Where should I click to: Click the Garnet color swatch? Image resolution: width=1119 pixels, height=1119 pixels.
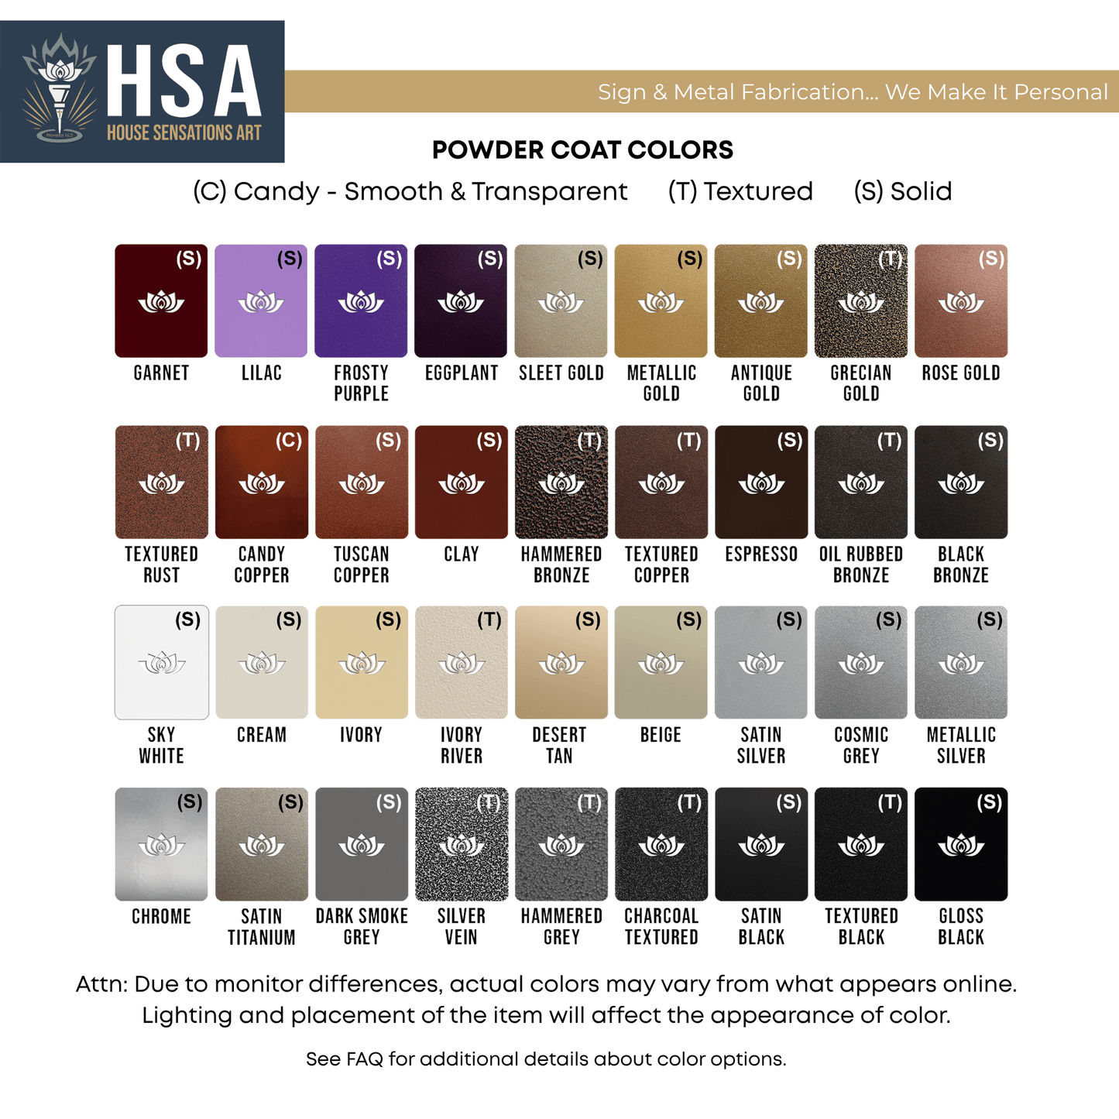(161, 301)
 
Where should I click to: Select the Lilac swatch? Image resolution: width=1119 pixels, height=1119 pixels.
(261, 301)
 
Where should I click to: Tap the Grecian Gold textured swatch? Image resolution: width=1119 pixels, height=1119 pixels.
(860, 301)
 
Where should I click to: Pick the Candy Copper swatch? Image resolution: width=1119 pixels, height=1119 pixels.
(261, 482)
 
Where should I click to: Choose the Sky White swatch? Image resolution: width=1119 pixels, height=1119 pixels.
(161, 663)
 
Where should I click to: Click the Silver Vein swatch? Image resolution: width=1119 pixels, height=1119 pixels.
(461, 844)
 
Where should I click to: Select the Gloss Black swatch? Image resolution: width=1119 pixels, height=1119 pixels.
(960, 844)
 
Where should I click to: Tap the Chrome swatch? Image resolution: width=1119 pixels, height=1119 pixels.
(161, 844)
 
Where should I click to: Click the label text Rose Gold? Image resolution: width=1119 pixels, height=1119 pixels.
(960, 373)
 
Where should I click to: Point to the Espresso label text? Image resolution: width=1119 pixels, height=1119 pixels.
(761, 554)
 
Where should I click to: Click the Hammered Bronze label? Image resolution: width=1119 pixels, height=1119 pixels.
(561, 565)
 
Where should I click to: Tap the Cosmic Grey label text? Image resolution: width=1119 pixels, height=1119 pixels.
(861, 745)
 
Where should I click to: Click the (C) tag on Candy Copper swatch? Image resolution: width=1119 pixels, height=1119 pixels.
(289, 441)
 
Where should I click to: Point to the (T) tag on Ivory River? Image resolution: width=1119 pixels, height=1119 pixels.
(489, 620)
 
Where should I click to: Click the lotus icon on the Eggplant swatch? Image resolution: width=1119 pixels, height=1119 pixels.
(461, 301)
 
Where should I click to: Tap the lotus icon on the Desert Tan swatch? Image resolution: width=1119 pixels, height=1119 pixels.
(561, 664)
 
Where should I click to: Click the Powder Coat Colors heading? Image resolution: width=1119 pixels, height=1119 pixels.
(582, 150)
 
